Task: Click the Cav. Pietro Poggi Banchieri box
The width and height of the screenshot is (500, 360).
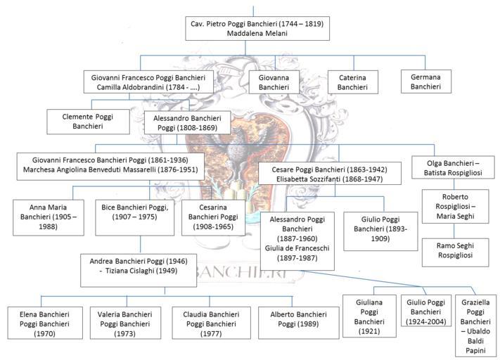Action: tap(257, 29)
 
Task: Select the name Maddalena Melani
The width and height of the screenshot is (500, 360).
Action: tap(257, 34)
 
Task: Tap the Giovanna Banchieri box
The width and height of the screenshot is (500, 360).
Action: tap(274, 82)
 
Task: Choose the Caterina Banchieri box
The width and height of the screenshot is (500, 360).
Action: tap(353, 82)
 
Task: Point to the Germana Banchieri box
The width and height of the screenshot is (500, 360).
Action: tap(426, 82)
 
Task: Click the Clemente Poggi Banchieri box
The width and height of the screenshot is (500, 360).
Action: tap(89, 122)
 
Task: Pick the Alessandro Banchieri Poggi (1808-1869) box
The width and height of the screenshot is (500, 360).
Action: tap(188, 123)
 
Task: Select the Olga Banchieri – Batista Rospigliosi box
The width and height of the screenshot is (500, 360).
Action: tap(453, 167)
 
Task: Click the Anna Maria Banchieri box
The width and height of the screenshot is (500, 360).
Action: tap(49, 218)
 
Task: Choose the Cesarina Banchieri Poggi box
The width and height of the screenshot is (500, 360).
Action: tap(213, 218)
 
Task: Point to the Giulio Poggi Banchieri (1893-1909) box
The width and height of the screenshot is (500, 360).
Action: tap(380, 231)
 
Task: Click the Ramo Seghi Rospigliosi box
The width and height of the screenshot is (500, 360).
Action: tap(456, 252)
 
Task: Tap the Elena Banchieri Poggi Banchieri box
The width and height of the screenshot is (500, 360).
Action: tap(45, 323)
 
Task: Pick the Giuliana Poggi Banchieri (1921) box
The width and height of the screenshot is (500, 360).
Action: tap(370, 316)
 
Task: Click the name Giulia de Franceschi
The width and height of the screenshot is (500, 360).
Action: tap(297, 248)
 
